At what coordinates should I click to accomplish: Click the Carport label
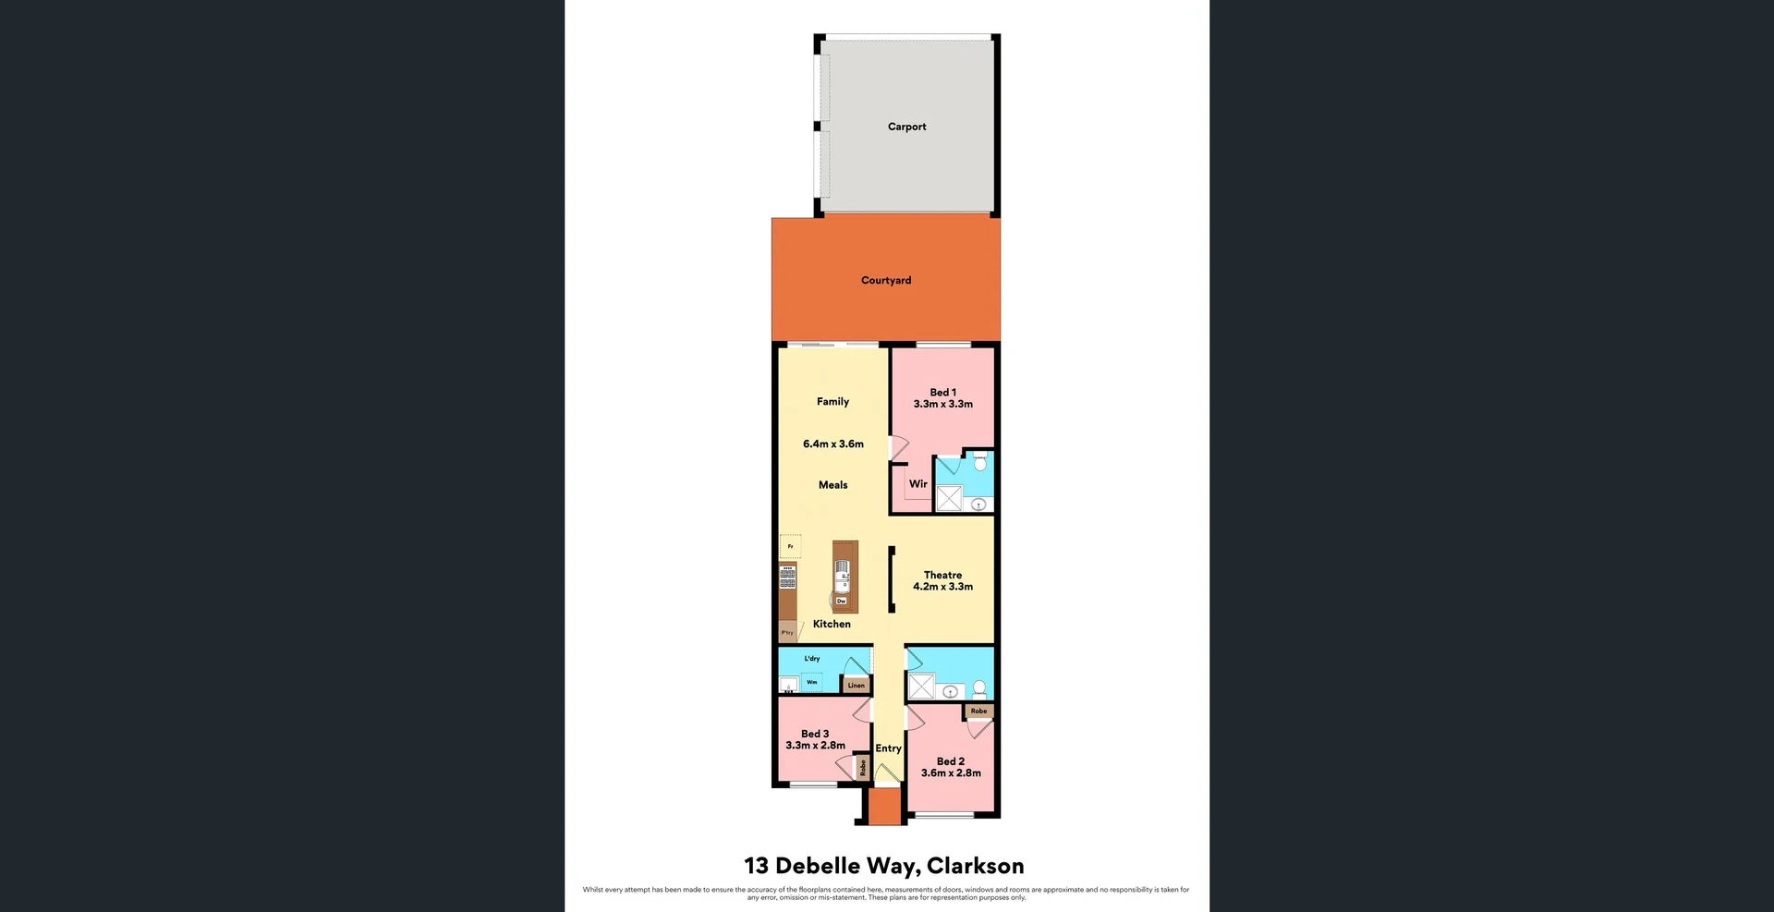906,127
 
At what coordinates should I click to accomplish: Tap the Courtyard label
885,280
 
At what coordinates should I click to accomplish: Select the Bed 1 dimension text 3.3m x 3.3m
942,404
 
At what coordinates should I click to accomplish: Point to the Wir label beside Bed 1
917,483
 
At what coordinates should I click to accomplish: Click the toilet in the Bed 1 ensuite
980,460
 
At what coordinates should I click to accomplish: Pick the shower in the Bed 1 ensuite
949,499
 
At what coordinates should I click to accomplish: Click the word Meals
832,484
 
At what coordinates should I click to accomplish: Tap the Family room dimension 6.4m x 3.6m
832,444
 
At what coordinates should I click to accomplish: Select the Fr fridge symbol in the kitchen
790,546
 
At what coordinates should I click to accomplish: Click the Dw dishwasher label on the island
841,601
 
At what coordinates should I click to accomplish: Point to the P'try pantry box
787,633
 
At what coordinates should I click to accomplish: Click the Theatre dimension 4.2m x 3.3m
942,586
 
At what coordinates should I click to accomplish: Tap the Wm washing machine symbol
811,682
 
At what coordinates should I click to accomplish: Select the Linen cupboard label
857,685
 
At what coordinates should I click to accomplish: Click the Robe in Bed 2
978,711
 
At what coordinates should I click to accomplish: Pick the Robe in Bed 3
862,767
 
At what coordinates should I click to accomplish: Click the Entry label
888,748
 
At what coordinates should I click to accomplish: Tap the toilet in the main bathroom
979,688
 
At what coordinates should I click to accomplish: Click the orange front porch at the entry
884,806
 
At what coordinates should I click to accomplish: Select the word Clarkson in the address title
975,866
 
